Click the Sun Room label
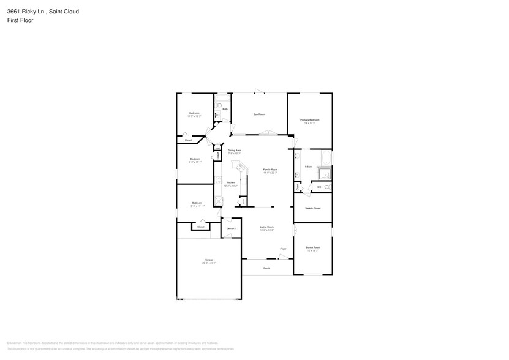pos(259,114)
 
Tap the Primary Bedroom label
pos(309,120)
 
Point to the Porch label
pos(266,268)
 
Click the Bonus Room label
pos(312,247)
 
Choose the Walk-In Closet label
pos(312,208)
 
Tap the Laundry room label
pos(230,228)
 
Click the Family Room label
pos(270,170)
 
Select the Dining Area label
pos(234,150)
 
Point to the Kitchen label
pos(230,182)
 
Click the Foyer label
pos(283,249)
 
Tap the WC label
pos(319,187)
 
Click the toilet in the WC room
pos(327,187)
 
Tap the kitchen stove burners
pos(217,181)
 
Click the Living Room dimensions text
pos(266,230)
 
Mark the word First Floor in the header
pos(21,20)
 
